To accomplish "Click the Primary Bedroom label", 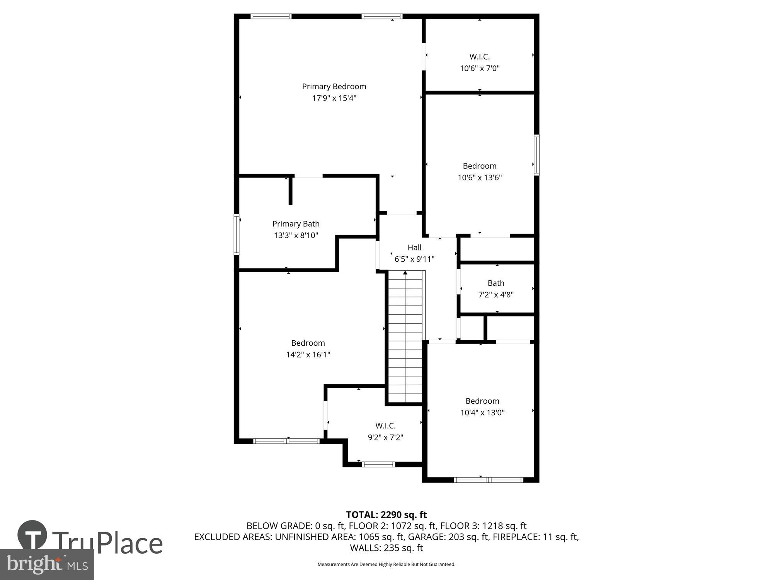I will [x=334, y=87].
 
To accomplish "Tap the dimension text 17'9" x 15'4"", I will [x=334, y=98].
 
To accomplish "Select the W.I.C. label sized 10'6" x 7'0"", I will [x=479, y=57].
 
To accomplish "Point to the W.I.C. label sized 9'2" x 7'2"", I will [x=385, y=426].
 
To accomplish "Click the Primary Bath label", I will [x=296, y=224].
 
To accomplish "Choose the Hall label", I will [x=414, y=247].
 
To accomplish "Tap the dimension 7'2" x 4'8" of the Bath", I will [x=495, y=295].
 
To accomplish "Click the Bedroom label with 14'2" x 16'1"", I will [x=308, y=343].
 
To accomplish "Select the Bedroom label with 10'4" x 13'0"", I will [x=482, y=401].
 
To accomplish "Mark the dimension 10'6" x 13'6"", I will [x=479, y=177].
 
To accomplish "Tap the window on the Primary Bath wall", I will [x=237, y=235].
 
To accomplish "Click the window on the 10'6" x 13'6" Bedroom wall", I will [x=536, y=155].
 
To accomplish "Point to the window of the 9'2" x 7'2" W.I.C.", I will [x=378, y=464].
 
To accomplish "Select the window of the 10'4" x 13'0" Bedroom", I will [x=489, y=480].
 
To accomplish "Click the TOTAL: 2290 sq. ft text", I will [x=386, y=515].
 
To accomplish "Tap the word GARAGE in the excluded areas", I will [x=426, y=537].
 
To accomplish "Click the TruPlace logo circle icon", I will [x=32, y=535].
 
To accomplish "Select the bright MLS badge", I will [x=47, y=565].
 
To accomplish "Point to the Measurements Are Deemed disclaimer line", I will [x=386, y=565].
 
